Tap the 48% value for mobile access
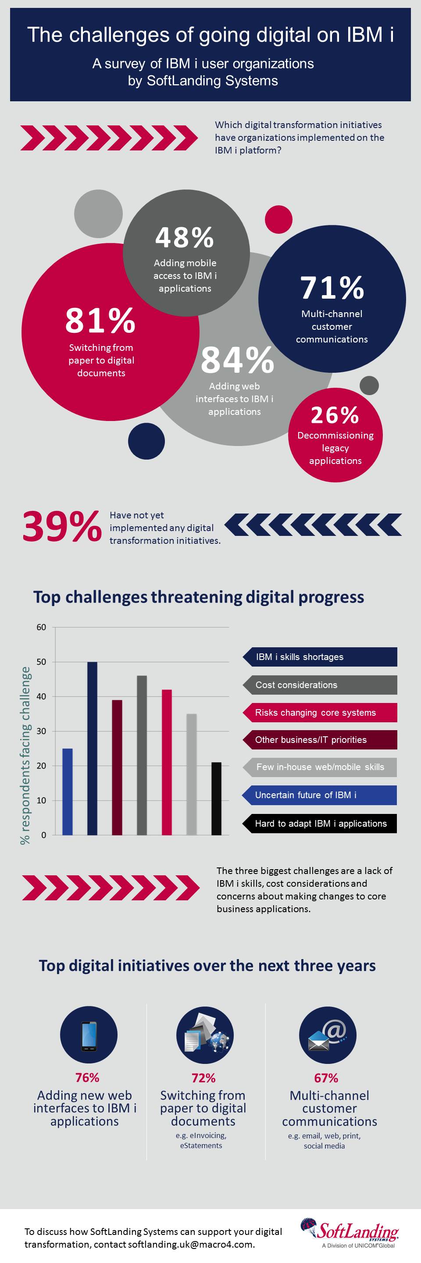tap(184, 237)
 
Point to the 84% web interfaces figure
tap(237, 360)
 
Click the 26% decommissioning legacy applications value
tap(335, 415)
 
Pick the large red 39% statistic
tap(62, 527)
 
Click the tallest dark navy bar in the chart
tap(92, 748)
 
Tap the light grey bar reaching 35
tap(192, 774)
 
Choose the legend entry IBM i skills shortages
tap(320, 657)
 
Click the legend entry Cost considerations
tap(320, 685)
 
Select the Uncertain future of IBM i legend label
tap(320, 795)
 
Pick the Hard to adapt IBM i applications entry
tap(320, 824)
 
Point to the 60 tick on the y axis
tap(42, 627)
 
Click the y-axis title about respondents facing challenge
tap(25, 755)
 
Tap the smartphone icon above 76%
tap(89, 1035)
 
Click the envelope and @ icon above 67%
tap(328, 1035)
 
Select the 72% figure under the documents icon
tap(203, 1077)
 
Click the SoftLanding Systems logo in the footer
tap(350, 1234)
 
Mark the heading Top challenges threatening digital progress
tap(199, 597)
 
